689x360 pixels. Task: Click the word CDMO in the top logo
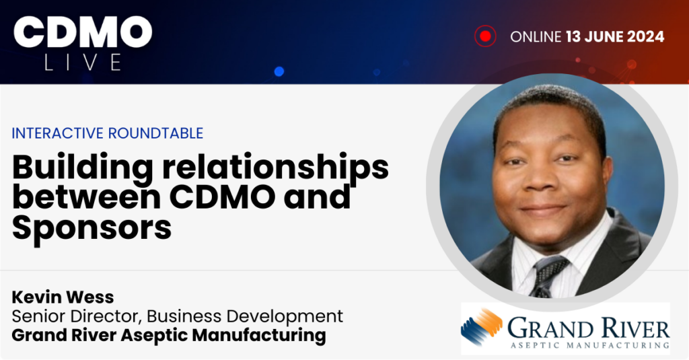(83, 32)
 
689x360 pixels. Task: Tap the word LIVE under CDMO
(83, 62)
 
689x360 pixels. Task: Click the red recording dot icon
(485, 36)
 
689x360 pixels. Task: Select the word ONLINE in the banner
(536, 36)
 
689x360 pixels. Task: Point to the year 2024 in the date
(645, 36)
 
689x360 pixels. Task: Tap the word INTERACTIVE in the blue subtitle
(58, 133)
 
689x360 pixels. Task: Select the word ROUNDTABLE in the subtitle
(155, 133)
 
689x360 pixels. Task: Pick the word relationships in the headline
(275, 168)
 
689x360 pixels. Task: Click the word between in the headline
(86, 197)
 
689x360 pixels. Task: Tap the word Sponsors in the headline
(92, 227)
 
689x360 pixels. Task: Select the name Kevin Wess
(63, 297)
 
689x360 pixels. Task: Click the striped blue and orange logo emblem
(482, 326)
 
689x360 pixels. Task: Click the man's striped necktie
(547, 275)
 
